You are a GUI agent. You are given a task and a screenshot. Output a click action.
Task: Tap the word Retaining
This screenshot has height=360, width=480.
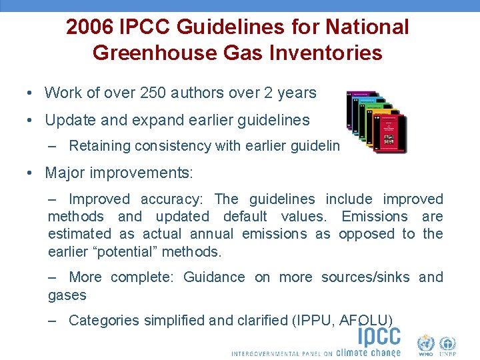(98, 146)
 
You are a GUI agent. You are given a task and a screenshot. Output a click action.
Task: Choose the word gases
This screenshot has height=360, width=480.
(67, 295)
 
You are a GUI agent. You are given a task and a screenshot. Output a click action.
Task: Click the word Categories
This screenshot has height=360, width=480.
(104, 321)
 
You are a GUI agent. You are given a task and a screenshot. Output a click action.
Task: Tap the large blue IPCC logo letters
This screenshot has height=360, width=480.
(379, 334)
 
